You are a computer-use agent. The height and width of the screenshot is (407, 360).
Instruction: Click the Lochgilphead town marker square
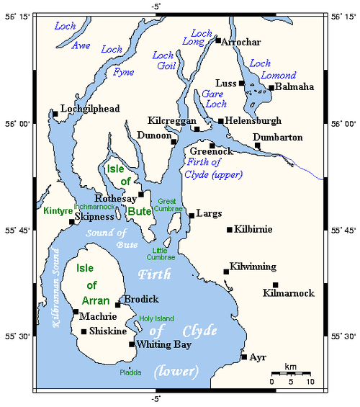(55, 114)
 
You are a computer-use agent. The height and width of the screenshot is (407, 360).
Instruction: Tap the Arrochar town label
(242, 42)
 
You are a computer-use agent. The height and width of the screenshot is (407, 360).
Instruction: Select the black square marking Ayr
(244, 357)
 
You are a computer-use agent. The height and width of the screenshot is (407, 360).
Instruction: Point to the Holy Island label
(157, 318)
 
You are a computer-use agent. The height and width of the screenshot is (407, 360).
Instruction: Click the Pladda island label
(131, 372)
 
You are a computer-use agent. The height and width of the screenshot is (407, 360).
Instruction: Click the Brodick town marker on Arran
(118, 305)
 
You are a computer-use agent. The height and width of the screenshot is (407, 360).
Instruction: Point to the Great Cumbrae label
(167, 205)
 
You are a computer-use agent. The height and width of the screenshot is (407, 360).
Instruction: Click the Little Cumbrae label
(161, 252)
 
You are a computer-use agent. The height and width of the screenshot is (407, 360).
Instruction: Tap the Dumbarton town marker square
(258, 146)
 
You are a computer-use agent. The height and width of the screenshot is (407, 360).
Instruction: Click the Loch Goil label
(165, 61)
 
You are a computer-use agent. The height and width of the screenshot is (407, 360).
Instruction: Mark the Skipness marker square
(71, 222)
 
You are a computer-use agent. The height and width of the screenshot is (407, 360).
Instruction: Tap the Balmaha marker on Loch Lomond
(271, 88)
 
